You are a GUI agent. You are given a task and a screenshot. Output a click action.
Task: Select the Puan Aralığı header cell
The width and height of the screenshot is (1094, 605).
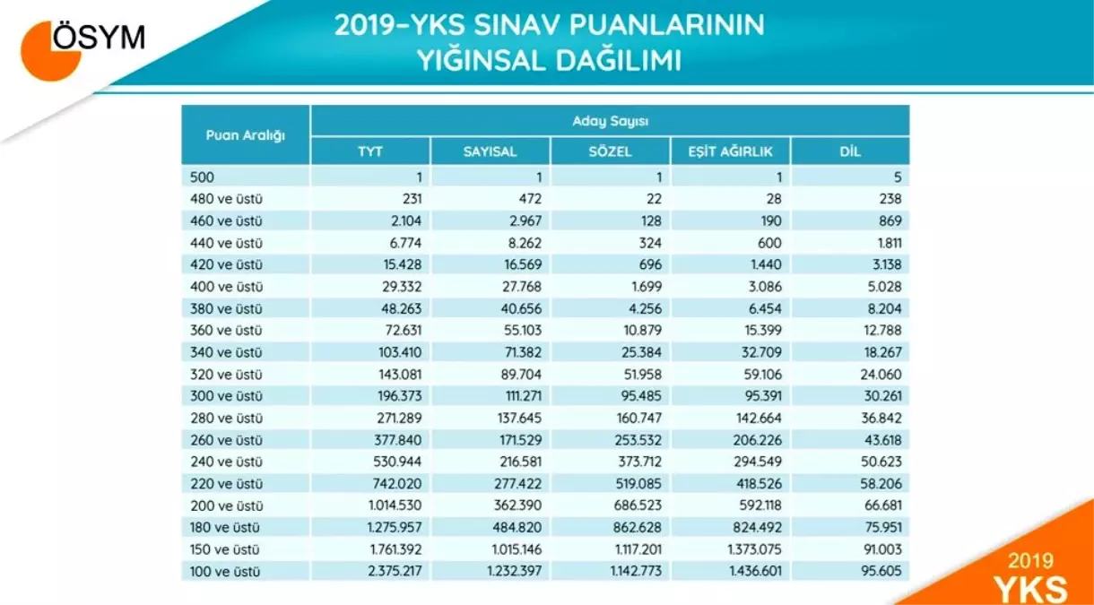coord(245,135)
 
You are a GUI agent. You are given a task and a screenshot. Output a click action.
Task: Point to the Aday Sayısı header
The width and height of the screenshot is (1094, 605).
coord(610,120)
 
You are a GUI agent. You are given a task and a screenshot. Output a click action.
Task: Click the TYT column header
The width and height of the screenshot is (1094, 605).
coord(369,151)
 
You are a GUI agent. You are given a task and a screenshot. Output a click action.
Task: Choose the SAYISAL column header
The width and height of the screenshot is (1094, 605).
coord(490,151)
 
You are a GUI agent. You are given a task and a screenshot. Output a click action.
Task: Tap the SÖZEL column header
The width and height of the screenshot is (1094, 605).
coord(610,151)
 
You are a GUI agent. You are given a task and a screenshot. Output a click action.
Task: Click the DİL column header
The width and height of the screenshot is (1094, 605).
coord(850,151)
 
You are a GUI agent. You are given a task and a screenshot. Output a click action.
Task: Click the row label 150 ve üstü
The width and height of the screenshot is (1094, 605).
coord(226,549)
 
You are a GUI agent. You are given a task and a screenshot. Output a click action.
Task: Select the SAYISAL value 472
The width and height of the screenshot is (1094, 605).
coord(529,199)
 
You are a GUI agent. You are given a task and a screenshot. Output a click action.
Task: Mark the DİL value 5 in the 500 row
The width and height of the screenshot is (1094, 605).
coord(896,177)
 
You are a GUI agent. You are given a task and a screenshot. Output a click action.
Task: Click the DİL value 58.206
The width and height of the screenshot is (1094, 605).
coord(881,484)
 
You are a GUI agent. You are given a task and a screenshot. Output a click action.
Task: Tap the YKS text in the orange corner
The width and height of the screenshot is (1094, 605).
coord(1031,588)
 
